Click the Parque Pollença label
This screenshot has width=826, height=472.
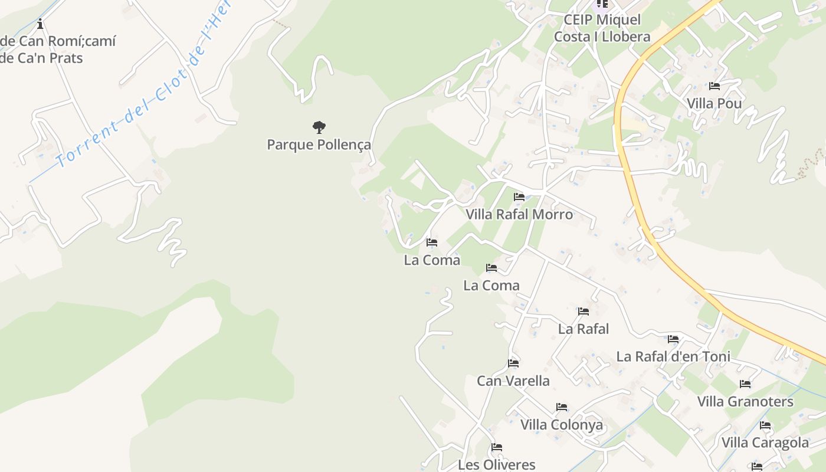[x=319, y=145]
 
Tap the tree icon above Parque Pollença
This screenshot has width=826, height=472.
[x=319, y=126]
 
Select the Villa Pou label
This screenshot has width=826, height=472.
[x=714, y=104]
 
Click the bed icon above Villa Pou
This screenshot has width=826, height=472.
[x=714, y=86]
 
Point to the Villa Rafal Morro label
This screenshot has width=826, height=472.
[x=519, y=214]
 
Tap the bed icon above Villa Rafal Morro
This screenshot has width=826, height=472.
[x=519, y=196]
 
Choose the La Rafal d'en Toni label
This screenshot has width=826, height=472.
[x=673, y=356]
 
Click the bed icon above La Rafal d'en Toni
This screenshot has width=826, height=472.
[x=673, y=339]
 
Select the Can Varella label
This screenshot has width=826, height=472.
[x=513, y=381]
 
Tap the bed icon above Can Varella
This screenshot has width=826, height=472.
[x=513, y=363]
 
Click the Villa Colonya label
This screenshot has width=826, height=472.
[x=562, y=425]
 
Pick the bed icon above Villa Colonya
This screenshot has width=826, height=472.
[x=562, y=407]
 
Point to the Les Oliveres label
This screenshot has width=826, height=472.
[x=497, y=465]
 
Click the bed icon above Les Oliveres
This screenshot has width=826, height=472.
[x=497, y=447]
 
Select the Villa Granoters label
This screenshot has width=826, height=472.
[x=745, y=402]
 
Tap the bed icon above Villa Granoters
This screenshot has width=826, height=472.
[x=745, y=384]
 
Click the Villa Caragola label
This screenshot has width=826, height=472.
[x=765, y=442]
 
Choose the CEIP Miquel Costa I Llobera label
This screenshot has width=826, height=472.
[x=602, y=28]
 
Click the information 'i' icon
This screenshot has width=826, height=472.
[x=40, y=24]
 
